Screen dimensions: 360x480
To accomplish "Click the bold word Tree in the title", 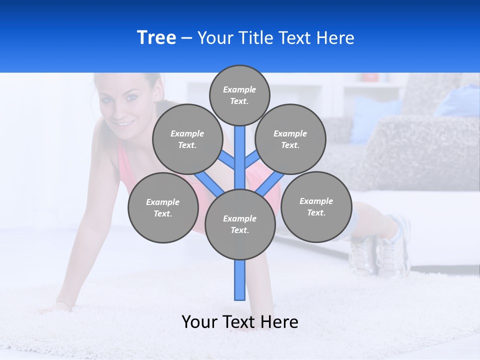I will (x=156, y=37).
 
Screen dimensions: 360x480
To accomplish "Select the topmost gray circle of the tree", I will (x=239, y=95).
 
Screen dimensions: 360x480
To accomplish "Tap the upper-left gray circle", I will (x=187, y=139).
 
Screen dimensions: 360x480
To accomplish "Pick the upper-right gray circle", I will (x=290, y=139).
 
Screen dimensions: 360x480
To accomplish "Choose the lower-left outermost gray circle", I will (x=162, y=207).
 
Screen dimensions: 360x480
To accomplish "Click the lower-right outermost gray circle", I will (x=316, y=206).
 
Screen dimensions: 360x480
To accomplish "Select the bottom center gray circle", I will (x=240, y=224).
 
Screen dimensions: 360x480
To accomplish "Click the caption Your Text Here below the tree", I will (x=240, y=321).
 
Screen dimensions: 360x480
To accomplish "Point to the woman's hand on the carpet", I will (x=57, y=305).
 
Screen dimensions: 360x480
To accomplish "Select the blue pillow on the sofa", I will (x=375, y=120).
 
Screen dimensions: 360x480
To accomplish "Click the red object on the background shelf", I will (x=370, y=77).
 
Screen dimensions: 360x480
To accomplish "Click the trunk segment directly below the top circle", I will (x=240, y=150).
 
